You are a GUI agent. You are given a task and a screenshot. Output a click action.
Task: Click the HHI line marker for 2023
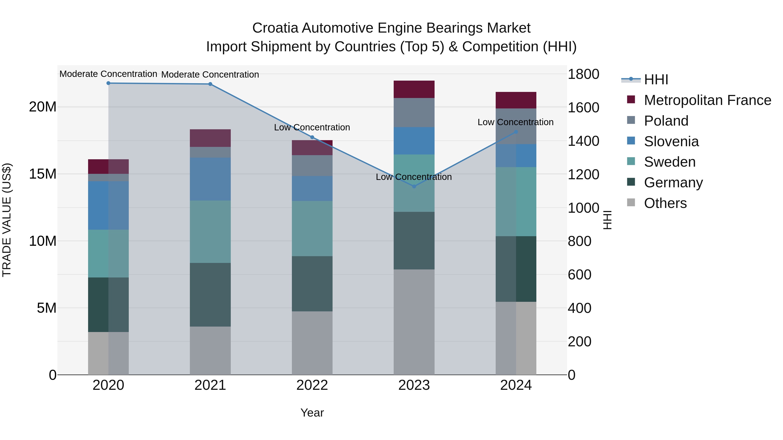click(x=414, y=186)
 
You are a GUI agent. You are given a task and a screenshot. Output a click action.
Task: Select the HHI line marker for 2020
click(x=109, y=83)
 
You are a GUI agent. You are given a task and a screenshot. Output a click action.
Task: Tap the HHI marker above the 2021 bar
click(x=210, y=84)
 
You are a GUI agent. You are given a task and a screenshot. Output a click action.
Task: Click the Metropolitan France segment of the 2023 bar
click(x=414, y=89)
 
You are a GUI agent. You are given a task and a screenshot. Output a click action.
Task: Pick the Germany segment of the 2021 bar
click(x=210, y=295)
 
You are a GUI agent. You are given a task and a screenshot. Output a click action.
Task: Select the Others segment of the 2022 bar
click(x=312, y=343)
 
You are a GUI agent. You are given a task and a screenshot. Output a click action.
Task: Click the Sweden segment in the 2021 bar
click(x=210, y=231)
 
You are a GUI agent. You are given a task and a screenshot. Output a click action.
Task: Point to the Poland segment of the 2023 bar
click(x=414, y=112)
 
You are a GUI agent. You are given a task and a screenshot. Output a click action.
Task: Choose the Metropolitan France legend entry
click(x=707, y=100)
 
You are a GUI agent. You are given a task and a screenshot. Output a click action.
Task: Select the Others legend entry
click(x=665, y=203)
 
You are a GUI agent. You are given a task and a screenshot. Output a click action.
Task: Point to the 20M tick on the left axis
click(x=43, y=107)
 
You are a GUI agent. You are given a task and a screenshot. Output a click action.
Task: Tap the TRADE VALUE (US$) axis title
click(x=7, y=220)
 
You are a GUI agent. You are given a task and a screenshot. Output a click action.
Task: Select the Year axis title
click(x=312, y=413)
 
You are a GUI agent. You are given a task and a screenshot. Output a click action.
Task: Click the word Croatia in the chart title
click(x=275, y=28)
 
